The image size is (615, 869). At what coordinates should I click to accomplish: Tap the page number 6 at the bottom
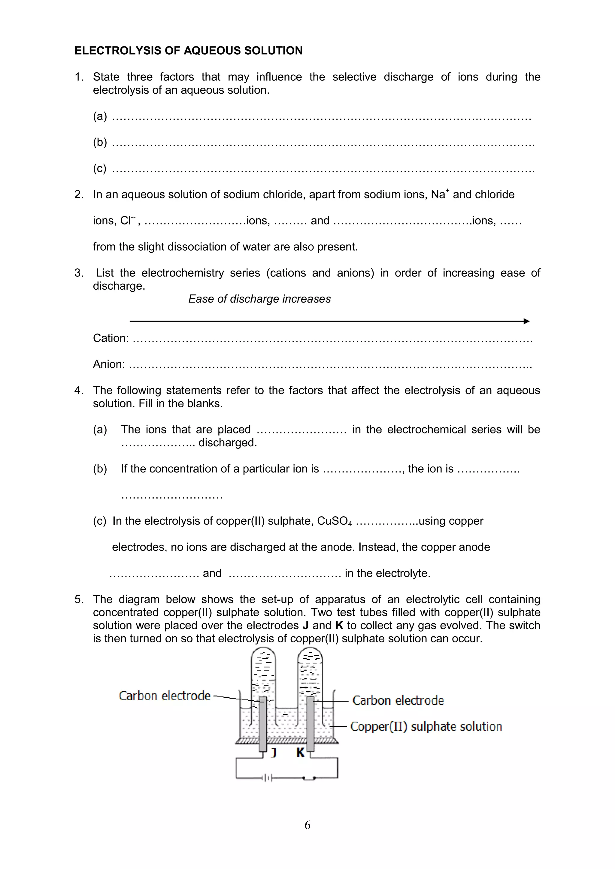click(307, 825)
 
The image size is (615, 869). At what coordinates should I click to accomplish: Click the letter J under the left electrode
click(274, 753)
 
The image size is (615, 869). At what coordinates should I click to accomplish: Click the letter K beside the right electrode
click(300, 753)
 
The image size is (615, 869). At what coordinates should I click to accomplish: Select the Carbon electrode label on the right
click(398, 700)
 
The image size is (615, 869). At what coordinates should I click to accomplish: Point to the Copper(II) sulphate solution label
click(426, 726)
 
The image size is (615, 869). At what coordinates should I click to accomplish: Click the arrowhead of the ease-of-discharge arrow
click(526, 321)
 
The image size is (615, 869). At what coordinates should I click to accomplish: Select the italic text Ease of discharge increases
click(259, 299)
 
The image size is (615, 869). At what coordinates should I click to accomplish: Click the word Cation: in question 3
click(111, 338)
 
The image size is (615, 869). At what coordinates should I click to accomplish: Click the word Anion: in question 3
click(109, 364)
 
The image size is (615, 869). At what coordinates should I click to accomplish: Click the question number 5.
click(78, 599)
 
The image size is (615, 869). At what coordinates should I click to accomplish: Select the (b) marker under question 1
click(100, 142)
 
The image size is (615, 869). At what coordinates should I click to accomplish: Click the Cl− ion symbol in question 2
click(128, 220)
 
